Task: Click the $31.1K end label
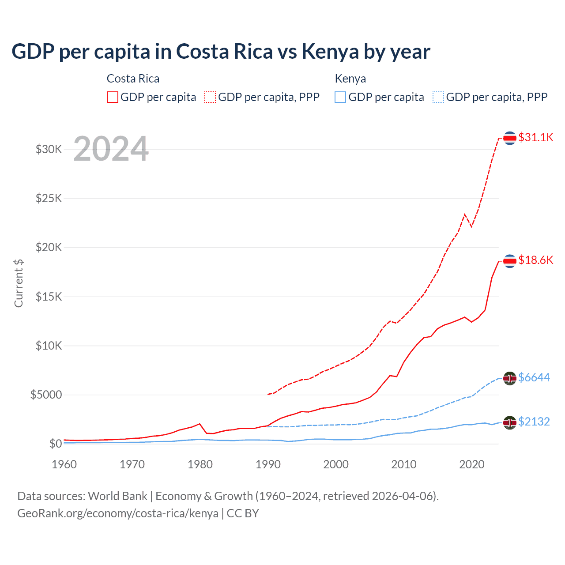coord(535,137)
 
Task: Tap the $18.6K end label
coord(535,260)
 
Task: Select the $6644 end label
coord(534,377)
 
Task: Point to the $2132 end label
coord(534,422)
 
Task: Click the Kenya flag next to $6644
coord(510,378)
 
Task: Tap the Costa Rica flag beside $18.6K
coord(510,261)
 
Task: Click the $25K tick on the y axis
coord(49,198)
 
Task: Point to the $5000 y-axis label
coord(46,395)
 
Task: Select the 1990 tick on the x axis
coord(268,464)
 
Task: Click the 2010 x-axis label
coord(404,464)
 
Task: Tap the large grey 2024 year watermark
coord(111,149)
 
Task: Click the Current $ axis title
coord(19,283)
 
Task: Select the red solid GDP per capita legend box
coord(113,97)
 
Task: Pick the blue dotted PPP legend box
coord(438,97)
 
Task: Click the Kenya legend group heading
coord(350,79)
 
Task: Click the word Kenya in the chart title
coord(330,52)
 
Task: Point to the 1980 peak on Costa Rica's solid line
coord(200,424)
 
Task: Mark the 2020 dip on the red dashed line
coord(471,226)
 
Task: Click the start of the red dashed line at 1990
coord(268,394)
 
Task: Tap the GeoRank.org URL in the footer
coord(118,513)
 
